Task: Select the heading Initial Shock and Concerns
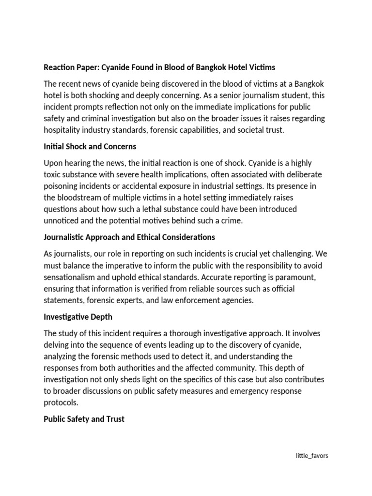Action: point(90,146)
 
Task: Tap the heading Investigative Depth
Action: point(77,317)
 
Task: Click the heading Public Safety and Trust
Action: point(84,419)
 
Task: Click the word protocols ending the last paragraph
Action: point(61,403)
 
